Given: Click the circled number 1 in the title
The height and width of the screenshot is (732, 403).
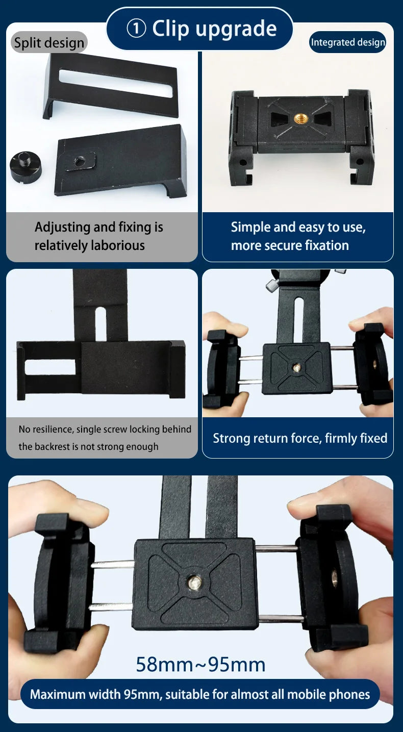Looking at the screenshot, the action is coord(136,29).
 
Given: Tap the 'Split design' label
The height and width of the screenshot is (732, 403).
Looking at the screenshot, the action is coord(49,43).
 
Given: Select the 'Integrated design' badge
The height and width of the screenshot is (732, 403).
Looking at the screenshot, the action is coord(348,42).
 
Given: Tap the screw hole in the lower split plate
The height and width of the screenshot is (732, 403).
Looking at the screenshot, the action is coord(79,161).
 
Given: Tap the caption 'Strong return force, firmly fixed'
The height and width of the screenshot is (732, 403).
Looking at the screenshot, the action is coord(300,438).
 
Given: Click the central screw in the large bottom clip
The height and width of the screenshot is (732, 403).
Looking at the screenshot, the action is coord(193,583).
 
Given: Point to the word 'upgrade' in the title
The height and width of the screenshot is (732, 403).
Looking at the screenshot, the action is coord(236,29).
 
